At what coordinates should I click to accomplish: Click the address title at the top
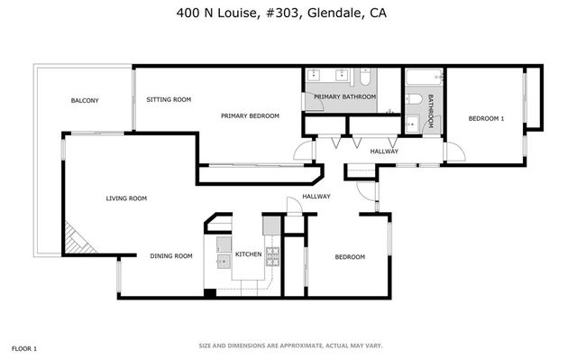(x=288, y=14)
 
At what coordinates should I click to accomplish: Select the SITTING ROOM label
(x=169, y=99)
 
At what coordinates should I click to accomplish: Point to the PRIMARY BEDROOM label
(x=250, y=115)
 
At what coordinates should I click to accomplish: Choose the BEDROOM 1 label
(x=486, y=118)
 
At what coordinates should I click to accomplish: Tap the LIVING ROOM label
(x=126, y=198)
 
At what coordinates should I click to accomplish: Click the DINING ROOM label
(x=171, y=256)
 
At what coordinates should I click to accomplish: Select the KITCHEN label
(x=249, y=255)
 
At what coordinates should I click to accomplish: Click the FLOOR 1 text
(x=23, y=348)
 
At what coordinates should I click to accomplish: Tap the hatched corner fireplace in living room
(x=78, y=238)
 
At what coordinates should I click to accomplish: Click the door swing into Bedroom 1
(x=453, y=154)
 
